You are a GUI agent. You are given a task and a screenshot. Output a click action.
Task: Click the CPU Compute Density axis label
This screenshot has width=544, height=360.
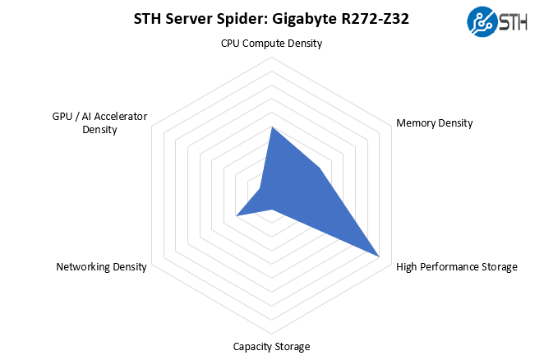pos(271,43)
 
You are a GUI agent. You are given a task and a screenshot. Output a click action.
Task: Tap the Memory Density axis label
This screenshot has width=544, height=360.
pos(434,123)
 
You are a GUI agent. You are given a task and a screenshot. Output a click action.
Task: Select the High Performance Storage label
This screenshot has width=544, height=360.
pos(456,266)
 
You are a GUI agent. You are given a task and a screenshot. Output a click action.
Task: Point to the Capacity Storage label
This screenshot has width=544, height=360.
pos(271,346)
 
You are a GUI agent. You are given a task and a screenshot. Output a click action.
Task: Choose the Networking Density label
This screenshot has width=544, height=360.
pos(101,266)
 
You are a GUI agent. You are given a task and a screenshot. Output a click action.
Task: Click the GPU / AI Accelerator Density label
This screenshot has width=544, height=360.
pos(99,122)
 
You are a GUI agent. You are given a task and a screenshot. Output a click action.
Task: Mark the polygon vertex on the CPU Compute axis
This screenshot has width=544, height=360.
pos(271,128)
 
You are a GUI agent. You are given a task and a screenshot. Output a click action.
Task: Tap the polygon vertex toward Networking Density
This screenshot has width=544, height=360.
pos(237,215)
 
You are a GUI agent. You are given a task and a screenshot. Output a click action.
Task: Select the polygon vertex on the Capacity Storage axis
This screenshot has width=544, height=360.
pos(271,210)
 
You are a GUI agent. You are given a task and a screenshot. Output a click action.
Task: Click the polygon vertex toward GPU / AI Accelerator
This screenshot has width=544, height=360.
pos(260,189)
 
